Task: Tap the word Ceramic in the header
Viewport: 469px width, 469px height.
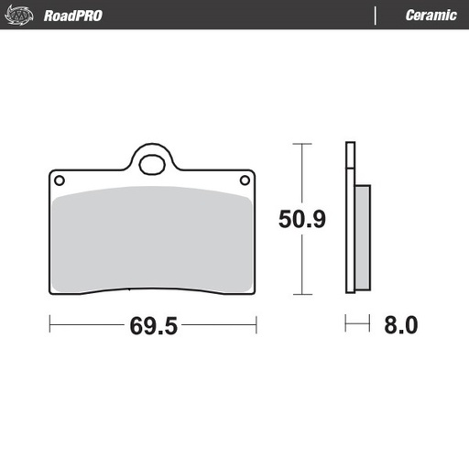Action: click(x=431, y=16)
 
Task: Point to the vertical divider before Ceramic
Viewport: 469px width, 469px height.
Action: click(x=376, y=16)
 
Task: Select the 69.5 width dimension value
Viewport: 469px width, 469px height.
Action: click(x=153, y=325)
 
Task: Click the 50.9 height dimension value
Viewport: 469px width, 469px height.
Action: click(x=302, y=219)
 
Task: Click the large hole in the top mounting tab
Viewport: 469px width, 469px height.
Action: click(x=153, y=165)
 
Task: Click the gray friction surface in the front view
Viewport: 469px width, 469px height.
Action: click(x=153, y=243)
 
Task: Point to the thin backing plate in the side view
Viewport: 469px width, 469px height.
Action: click(x=349, y=220)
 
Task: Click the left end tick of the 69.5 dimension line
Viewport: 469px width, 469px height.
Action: click(x=49, y=324)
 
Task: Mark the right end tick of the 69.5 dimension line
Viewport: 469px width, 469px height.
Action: click(x=256, y=324)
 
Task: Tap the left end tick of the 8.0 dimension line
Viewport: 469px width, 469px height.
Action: click(x=345, y=324)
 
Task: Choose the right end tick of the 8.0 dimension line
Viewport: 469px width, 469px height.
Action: click(x=368, y=324)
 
